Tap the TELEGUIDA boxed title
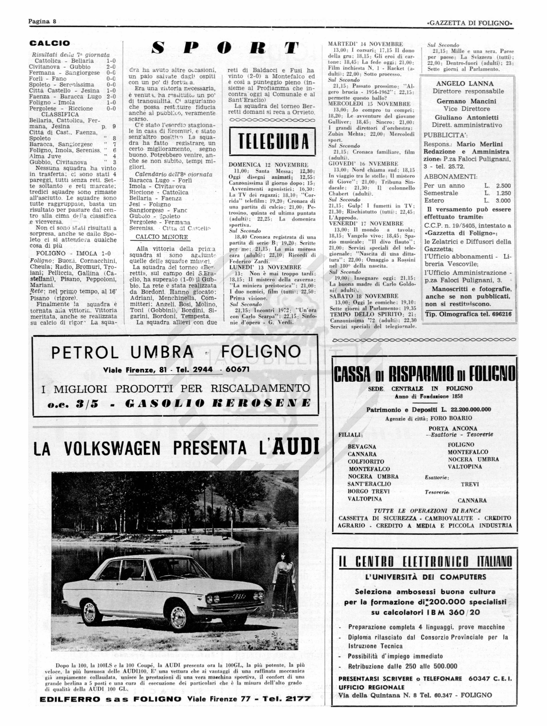click(272, 142)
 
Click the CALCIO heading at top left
click(50, 43)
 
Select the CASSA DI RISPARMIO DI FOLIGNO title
click(424, 374)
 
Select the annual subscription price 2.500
click(503, 186)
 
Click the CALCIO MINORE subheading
click(161, 237)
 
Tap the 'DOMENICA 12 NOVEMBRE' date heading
click(268, 165)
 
